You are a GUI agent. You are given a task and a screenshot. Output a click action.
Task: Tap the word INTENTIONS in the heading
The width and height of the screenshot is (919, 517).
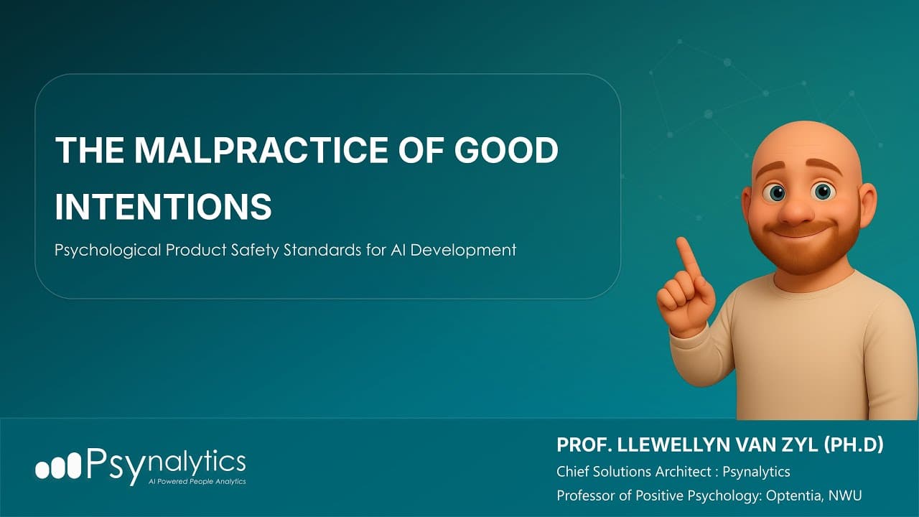tap(164, 205)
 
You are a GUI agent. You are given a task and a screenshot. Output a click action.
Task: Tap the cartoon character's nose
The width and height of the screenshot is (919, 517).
tap(796, 209)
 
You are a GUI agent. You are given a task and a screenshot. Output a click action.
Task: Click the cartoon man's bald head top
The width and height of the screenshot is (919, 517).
tap(805, 140)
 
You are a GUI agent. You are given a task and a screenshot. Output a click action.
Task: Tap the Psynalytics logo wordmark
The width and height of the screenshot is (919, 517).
tap(167, 464)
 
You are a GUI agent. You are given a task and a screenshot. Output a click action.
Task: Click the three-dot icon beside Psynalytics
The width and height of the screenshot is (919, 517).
tap(58, 467)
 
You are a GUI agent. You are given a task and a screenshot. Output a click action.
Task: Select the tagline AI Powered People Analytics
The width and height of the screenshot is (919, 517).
tap(196, 482)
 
